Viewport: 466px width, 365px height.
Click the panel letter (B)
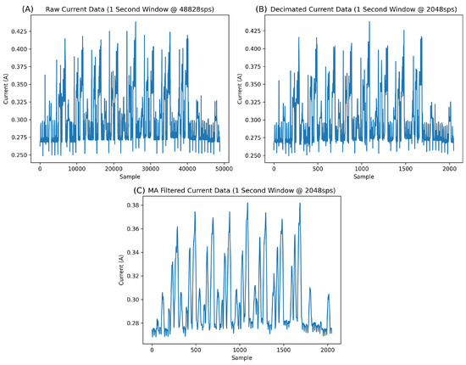[244, 8]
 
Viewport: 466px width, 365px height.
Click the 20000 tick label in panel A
[112, 169]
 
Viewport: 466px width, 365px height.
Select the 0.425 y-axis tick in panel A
[20, 31]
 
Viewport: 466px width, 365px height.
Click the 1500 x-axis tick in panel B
[406, 169]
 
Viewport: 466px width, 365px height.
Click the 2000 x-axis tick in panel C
[327, 349]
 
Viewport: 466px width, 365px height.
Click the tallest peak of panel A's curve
[136, 23]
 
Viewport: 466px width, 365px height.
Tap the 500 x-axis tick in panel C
[196, 349]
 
